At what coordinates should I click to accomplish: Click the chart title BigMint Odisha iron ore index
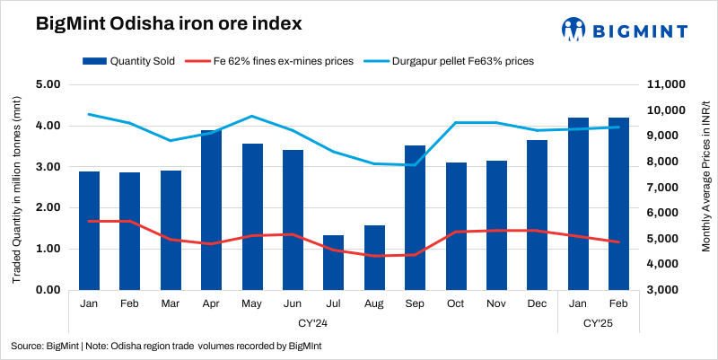tap(156, 25)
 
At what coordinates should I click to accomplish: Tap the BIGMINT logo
tap(625, 29)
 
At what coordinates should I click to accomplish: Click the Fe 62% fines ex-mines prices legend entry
tap(270, 62)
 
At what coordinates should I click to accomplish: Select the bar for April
tap(212, 210)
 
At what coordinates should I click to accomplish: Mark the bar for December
tap(537, 215)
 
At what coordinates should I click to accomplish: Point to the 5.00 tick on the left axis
tap(47, 84)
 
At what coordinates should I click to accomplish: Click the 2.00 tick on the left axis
tap(47, 207)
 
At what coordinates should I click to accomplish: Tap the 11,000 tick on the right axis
tap(666, 84)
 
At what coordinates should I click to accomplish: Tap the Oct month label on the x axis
tap(456, 303)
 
